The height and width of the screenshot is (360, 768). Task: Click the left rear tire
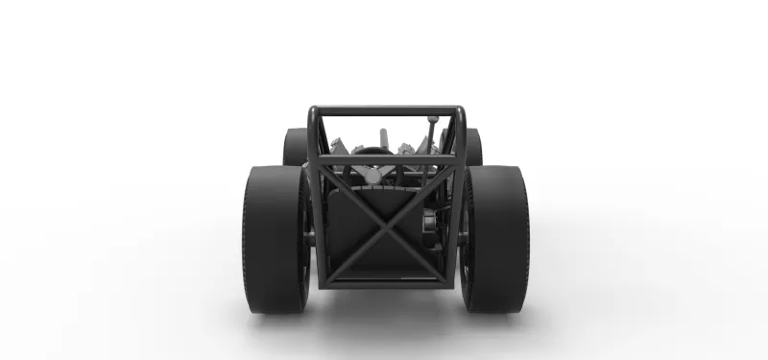[274, 240]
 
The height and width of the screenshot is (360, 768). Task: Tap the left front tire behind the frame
[294, 146]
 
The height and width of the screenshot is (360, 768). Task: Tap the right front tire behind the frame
[473, 146]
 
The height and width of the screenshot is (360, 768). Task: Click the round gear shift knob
[433, 120]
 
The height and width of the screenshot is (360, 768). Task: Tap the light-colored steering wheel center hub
[373, 176]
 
